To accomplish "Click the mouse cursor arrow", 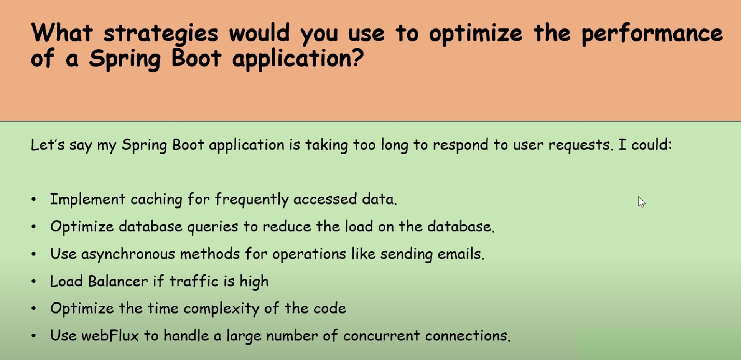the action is click(641, 202).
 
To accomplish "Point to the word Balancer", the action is click(118, 281).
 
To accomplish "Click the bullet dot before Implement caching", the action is click(34, 199).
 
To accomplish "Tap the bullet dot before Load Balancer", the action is click(34, 281).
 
